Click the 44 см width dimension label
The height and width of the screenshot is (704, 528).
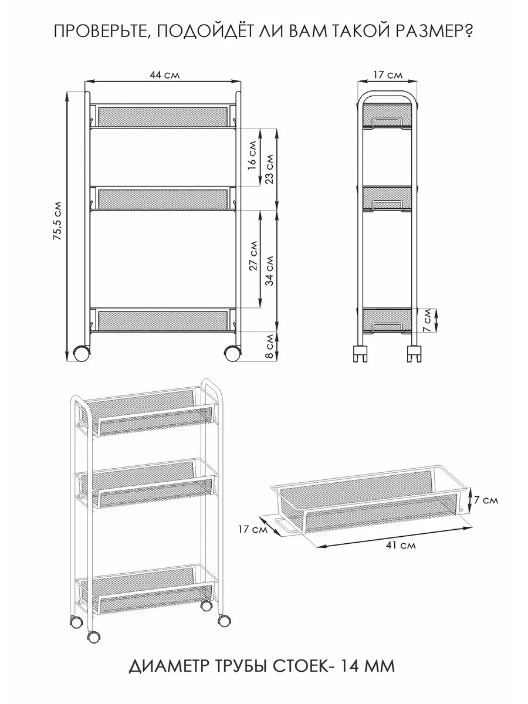[x=164, y=75]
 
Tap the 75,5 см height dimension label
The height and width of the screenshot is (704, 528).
[x=58, y=221]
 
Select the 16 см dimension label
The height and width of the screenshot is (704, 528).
[x=252, y=155]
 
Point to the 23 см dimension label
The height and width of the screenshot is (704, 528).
[x=269, y=169]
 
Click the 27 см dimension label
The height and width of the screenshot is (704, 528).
[x=253, y=256]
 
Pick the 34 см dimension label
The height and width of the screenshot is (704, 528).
[x=270, y=270]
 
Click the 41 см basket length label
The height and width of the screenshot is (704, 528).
[x=401, y=544]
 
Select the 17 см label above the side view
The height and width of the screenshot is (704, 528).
[x=388, y=75]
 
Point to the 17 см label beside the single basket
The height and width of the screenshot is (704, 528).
[x=253, y=529]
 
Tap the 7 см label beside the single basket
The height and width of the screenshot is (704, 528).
[x=486, y=500]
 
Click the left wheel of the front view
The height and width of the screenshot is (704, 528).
[x=82, y=353]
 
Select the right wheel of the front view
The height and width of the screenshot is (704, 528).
[x=232, y=353]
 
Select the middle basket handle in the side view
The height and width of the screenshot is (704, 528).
[x=387, y=204]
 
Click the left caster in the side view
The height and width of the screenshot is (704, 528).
[x=360, y=354]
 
